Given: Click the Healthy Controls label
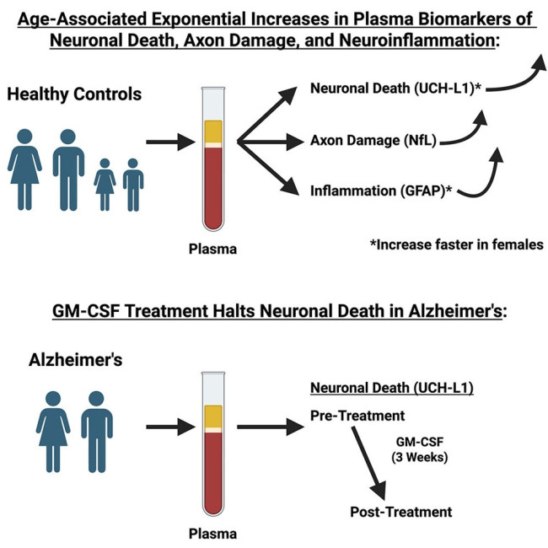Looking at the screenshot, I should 67,94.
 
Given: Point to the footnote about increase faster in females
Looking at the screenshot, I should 449,245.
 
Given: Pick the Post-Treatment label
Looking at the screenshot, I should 389,511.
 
